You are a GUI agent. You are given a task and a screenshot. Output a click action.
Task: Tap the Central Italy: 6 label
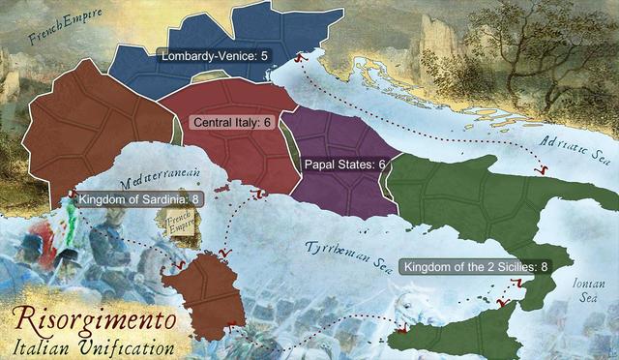coord(233,123)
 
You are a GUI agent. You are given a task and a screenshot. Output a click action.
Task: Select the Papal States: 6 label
coord(345,165)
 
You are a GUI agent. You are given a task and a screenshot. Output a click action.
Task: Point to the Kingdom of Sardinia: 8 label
coord(140,199)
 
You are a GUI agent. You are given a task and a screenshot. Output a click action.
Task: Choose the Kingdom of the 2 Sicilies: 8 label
coord(476,266)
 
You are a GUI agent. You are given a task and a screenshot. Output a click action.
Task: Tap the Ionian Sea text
coord(581,290)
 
